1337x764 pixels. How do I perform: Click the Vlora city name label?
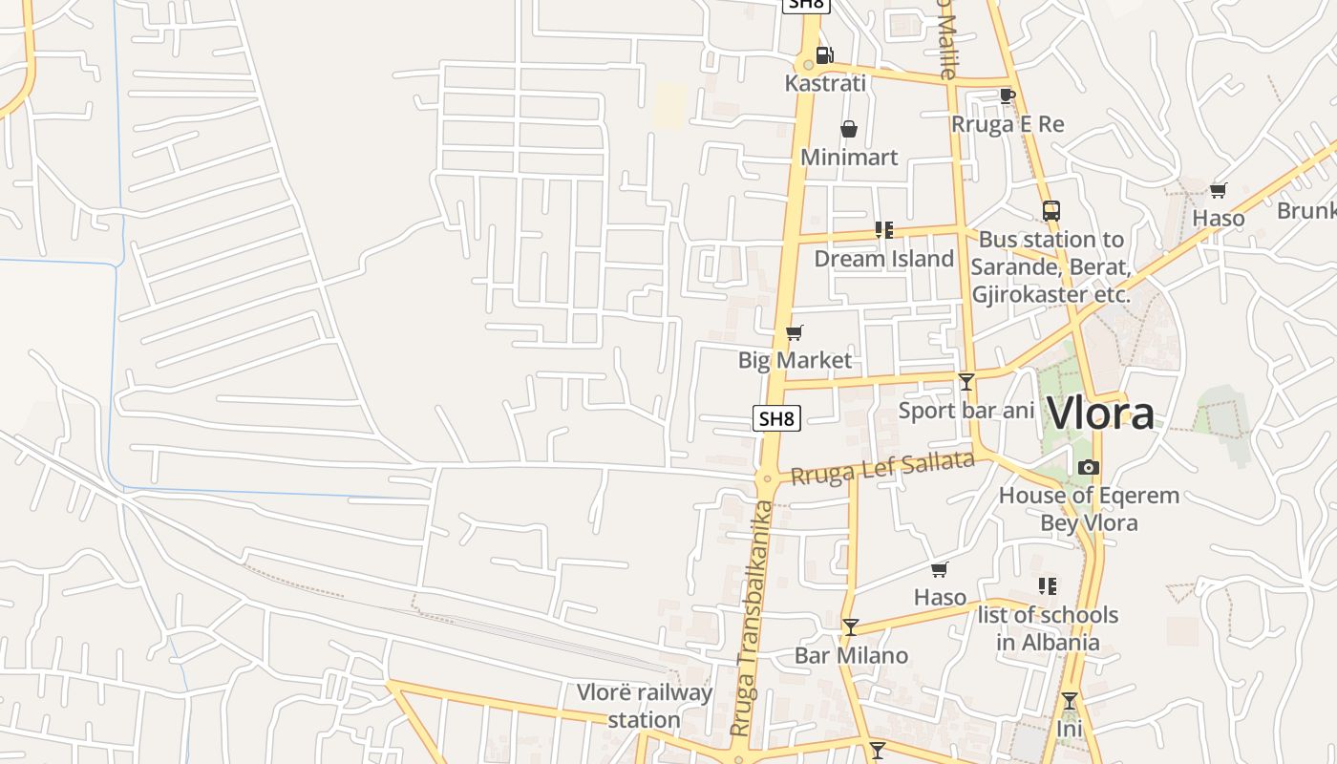[x=1100, y=414]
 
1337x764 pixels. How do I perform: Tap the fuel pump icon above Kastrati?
[x=823, y=55]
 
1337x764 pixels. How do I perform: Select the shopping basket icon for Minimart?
[x=848, y=129]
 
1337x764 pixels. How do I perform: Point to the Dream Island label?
[x=883, y=259]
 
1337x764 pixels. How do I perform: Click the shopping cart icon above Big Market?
[x=794, y=332]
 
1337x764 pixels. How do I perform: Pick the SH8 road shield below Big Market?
[x=776, y=417]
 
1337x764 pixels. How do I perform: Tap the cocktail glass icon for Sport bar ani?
[x=966, y=382]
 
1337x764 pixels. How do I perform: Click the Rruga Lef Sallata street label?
[x=882, y=469]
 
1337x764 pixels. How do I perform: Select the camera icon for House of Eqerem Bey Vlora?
[x=1088, y=467]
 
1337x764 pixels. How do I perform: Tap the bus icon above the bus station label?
[x=1050, y=211]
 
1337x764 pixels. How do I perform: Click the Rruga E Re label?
[x=1008, y=124]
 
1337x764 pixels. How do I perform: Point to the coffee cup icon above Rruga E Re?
[x=1007, y=95]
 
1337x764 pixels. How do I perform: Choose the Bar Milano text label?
[x=851, y=655]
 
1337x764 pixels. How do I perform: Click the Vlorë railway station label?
[x=645, y=706]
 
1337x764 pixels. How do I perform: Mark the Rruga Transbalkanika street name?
[x=752, y=618]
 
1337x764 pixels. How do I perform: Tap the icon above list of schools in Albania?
[x=1047, y=585]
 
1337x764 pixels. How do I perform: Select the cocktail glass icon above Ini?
[x=1069, y=701]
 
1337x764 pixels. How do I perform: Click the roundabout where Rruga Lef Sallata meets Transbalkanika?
[x=765, y=477]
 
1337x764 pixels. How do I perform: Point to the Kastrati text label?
[x=825, y=83]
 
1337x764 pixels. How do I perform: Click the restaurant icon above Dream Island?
[x=883, y=230]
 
